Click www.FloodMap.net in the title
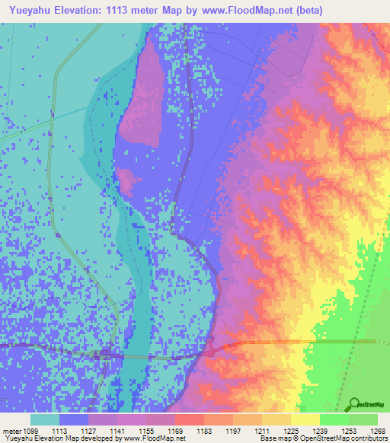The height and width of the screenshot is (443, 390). click(245, 11)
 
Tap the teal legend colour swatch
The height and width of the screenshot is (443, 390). click(45, 419)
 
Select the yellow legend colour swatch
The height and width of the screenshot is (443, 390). click(305, 419)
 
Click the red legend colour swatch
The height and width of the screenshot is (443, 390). click(190, 419)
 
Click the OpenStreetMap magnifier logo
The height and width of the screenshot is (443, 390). click(353, 404)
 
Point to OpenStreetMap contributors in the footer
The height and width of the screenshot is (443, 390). click(347, 439)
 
